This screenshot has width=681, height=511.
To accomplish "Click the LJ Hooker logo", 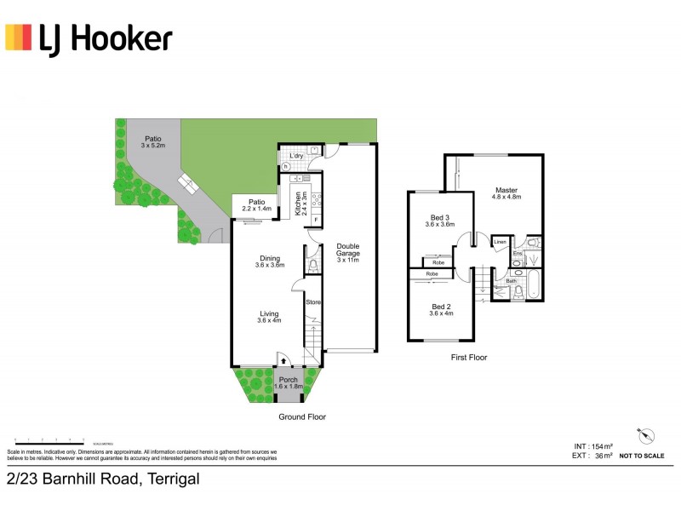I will click(89, 38).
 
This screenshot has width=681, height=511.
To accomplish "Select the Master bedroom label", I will click(506, 193).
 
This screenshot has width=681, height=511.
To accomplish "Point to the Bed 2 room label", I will click(440, 309).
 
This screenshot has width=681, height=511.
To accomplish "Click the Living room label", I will click(269, 317).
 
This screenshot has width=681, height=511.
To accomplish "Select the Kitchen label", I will click(299, 204).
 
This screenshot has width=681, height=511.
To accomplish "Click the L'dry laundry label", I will click(296, 157).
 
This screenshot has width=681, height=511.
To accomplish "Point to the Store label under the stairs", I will click(312, 301).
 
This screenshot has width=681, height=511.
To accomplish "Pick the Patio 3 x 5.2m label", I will click(152, 141).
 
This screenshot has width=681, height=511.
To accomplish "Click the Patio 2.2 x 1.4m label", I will click(256, 205).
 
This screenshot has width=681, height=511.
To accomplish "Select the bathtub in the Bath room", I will click(533, 284).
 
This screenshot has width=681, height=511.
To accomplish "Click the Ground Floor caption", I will click(302, 417).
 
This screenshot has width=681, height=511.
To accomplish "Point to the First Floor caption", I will click(469, 358).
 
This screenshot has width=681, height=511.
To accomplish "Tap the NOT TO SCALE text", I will click(642, 456).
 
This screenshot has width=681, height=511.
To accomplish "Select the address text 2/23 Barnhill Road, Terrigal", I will click(103, 479).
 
